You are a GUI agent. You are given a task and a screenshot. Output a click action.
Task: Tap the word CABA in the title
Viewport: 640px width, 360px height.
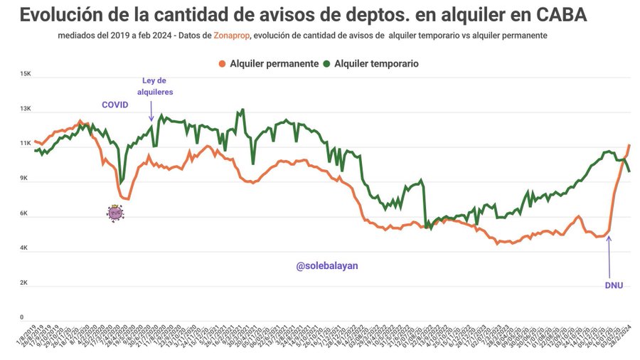[x=559, y=15]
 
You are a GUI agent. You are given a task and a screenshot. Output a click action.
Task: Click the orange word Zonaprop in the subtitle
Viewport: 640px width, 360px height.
[x=231, y=36]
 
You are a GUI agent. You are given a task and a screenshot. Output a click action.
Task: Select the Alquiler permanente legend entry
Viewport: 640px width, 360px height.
[x=274, y=63]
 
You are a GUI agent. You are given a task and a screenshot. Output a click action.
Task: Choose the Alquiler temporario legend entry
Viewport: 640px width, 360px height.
[x=376, y=63]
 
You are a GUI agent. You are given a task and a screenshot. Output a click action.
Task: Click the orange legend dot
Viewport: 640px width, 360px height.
[x=223, y=63]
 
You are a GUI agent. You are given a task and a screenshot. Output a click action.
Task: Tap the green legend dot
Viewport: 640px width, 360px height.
[x=326, y=63]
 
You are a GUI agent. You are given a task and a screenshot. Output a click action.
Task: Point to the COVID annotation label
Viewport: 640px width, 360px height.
[x=114, y=105]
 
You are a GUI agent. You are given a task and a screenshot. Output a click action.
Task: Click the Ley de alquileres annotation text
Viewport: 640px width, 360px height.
[x=154, y=86]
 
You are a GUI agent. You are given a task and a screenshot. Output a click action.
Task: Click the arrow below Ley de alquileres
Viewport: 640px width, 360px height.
[x=151, y=110]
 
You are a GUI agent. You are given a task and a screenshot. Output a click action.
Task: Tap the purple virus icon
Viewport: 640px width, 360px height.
[x=115, y=212]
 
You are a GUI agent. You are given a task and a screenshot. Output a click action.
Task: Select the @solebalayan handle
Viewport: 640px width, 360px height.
[x=327, y=265]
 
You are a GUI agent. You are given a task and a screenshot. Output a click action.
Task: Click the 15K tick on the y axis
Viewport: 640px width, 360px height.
[x=26, y=74]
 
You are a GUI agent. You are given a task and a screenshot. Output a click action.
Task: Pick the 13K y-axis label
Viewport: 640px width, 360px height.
[x=26, y=109]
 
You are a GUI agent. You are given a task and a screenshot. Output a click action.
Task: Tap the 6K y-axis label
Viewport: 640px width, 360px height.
[x=24, y=213]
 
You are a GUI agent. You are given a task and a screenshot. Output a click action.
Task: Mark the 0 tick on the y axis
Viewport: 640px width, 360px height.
[x=22, y=317]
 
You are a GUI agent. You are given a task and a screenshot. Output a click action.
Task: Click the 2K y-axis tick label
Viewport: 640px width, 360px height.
[x=24, y=282]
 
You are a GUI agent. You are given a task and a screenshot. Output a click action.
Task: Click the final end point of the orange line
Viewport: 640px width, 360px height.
[x=629, y=145]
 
